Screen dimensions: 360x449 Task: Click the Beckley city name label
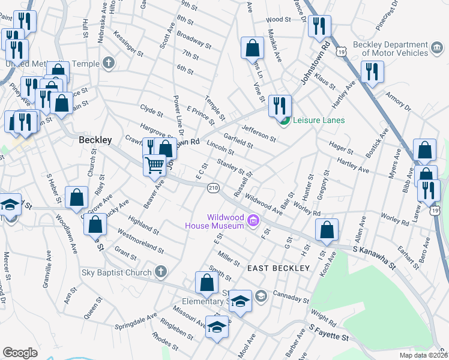coord(95,140)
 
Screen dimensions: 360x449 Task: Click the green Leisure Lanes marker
coord(284,120)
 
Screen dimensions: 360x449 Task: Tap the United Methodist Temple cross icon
coord(109,62)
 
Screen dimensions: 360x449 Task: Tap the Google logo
coord(20,352)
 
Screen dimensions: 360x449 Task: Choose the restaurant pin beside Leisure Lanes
coord(279,106)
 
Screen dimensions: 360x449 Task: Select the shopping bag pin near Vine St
coord(253,48)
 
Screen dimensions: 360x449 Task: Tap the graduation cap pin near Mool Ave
coord(217,328)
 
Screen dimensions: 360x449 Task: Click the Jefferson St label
coord(258,133)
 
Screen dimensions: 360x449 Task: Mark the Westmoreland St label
coord(140,239)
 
